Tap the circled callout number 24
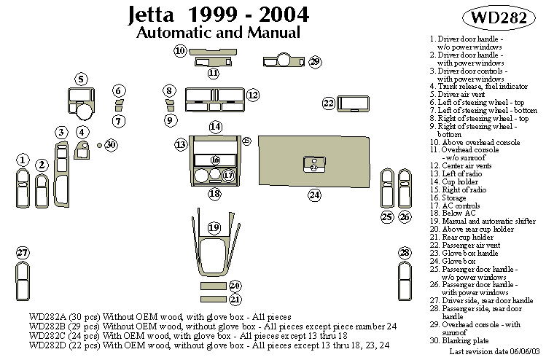click(x=314, y=195)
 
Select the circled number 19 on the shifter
click(x=214, y=228)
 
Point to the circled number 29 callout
click(x=314, y=62)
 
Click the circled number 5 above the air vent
click(x=81, y=79)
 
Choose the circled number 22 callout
click(x=329, y=103)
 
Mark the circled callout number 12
click(x=252, y=95)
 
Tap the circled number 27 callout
click(x=23, y=253)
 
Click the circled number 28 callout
click(x=405, y=253)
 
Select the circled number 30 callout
click(x=110, y=145)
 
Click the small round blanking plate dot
click(x=98, y=145)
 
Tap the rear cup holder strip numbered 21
click(x=214, y=299)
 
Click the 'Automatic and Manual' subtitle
click(x=218, y=33)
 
